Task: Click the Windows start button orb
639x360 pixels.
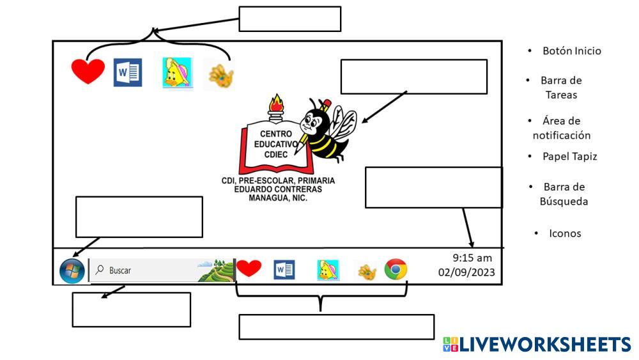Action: tap(72, 270)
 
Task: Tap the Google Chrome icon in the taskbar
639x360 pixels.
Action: tap(396, 270)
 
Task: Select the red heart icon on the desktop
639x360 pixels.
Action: tap(88, 72)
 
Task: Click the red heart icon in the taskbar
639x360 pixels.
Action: tap(249, 268)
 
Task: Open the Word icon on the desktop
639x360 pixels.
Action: tap(128, 72)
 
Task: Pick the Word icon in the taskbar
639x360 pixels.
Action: tap(284, 270)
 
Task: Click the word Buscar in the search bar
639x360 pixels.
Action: tap(120, 270)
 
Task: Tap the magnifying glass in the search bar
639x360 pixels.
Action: tap(99, 270)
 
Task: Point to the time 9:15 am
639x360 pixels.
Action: tap(472, 258)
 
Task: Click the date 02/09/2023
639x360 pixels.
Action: tap(466, 272)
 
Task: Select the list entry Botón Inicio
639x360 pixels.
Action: tap(571, 51)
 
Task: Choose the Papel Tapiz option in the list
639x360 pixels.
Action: tap(569, 156)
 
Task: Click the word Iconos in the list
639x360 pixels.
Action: tap(565, 233)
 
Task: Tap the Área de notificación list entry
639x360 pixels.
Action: tap(562, 128)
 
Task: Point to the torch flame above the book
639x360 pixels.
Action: tap(276, 103)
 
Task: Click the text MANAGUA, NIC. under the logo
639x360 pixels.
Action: tap(278, 198)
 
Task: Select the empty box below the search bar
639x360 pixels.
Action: tap(131, 309)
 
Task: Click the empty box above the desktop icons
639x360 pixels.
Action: tap(289, 19)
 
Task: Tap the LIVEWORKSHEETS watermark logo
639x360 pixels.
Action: tap(537, 345)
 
